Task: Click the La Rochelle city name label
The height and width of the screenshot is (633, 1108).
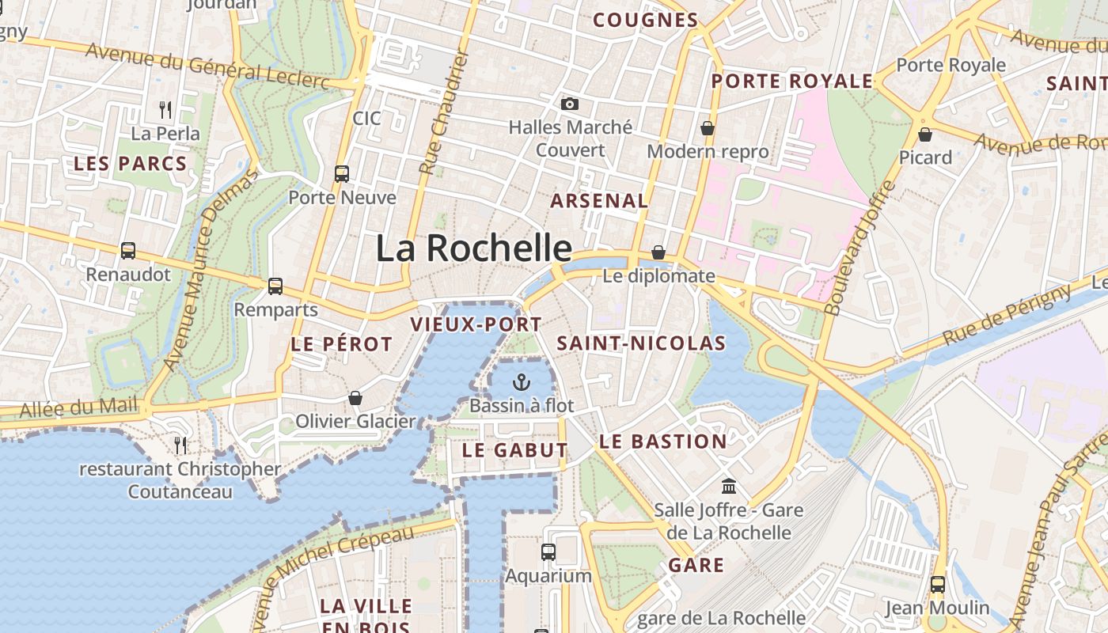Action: (x=473, y=248)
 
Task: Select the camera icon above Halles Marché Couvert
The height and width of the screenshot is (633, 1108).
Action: (x=569, y=104)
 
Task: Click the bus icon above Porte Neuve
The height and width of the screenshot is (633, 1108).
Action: (x=342, y=173)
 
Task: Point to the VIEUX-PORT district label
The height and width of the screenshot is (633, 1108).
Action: (x=476, y=324)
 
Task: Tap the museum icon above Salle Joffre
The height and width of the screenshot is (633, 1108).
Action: (x=728, y=486)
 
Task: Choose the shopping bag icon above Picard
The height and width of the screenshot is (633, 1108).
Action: (x=924, y=135)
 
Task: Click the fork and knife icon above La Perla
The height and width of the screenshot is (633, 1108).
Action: (x=165, y=109)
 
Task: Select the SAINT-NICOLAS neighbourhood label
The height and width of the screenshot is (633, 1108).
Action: (x=641, y=343)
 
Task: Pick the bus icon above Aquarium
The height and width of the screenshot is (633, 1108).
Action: (x=548, y=552)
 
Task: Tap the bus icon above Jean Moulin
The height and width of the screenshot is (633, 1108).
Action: (x=937, y=585)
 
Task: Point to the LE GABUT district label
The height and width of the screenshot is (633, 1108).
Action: (x=515, y=450)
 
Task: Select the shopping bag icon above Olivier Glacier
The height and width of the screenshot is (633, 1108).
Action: (x=355, y=397)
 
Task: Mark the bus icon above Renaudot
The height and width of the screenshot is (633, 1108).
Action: (x=128, y=251)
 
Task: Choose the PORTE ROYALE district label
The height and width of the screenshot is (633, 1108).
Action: (x=791, y=81)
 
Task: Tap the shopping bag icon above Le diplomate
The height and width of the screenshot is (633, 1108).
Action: (x=658, y=252)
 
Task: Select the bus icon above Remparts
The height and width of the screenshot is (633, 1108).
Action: (x=275, y=286)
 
